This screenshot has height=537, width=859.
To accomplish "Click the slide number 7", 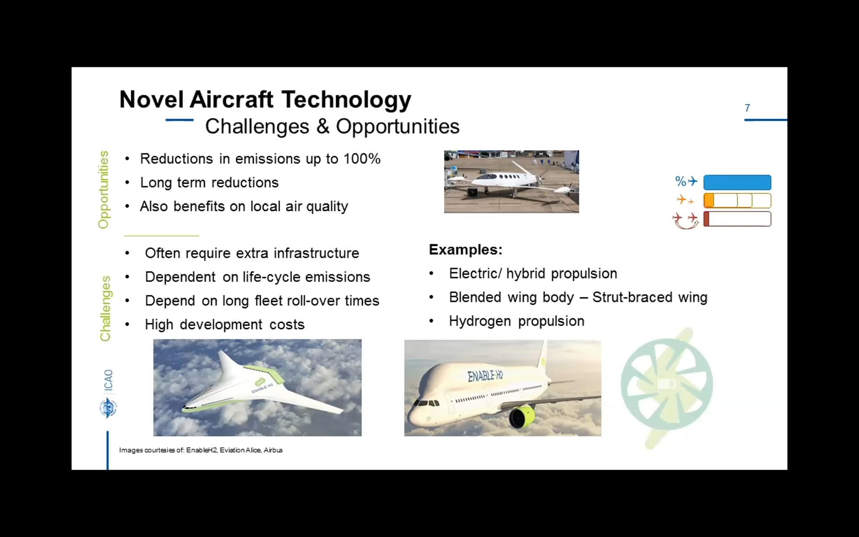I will click(747, 108).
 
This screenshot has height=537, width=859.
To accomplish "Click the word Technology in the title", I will click(346, 100).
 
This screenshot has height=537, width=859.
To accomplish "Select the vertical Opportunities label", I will click(103, 189).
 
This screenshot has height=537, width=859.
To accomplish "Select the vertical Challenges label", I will click(105, 308).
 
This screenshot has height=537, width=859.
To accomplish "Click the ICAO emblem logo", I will click(108, 408).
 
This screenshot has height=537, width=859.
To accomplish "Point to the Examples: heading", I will click(465, 250).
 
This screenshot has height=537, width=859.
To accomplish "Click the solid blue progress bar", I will click(737, 183).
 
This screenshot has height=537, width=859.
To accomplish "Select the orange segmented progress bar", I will click(737, 200).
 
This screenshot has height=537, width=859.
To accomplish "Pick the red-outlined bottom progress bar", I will click(737, 219).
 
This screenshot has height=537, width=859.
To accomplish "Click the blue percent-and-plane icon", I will click(685, 181).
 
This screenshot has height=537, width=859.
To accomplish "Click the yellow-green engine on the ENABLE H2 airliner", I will click(522, 416).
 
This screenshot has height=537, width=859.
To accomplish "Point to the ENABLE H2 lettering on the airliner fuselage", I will click(485, 375).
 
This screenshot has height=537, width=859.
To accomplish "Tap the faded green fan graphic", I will click(666, 385).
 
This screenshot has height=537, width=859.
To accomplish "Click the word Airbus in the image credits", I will click(273, 450).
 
